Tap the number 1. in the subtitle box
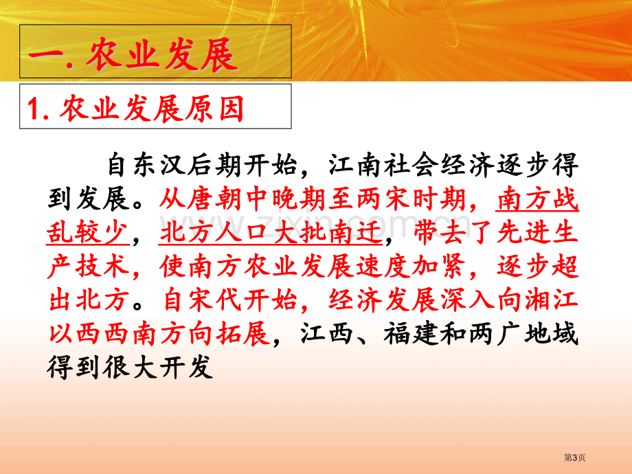tap(38, 109)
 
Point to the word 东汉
tap(146, 165)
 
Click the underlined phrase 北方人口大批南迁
tap(271, 233)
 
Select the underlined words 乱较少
tap(88, 233)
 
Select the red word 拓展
tap(242, 334)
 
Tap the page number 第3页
tap(575, 458)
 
